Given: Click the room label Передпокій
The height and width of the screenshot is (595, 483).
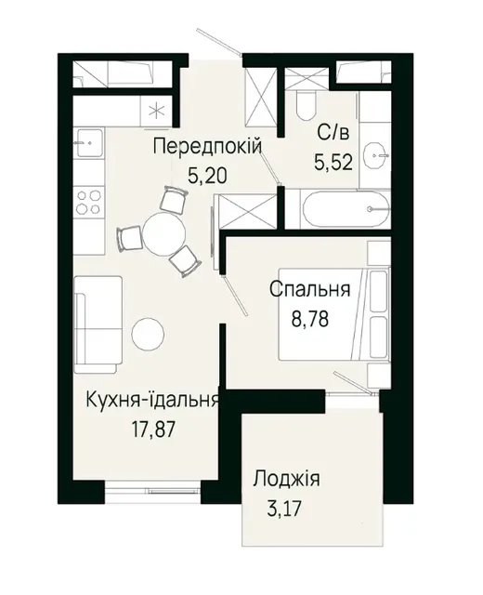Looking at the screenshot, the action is pos(207,147).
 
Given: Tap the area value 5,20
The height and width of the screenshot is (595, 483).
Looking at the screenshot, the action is pos(207,176).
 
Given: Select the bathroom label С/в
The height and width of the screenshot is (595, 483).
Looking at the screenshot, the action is pos(333,134).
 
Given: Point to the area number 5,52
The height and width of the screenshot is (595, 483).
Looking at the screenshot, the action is pos(333,163).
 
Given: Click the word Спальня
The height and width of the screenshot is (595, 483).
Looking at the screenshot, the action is pos(309,290).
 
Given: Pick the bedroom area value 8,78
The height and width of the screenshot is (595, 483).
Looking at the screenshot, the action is pos(309,319).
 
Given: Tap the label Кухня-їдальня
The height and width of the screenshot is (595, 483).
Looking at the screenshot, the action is pos(152,400).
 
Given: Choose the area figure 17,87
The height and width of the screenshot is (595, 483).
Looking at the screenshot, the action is pos(153,430).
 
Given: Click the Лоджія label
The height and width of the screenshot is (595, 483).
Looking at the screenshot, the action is pos(287,479).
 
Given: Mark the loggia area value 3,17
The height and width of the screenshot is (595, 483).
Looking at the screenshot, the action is pos(284,509).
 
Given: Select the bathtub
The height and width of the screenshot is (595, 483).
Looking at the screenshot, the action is pos(346,209).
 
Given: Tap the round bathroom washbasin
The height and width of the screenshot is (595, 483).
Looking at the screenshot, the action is pos(375,155).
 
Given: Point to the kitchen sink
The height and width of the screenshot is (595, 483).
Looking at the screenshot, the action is pos(89,143).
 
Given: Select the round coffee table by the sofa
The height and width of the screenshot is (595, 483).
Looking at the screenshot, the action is pos(148,334).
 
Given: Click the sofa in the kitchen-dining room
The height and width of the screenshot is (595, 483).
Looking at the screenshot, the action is pos(98,324).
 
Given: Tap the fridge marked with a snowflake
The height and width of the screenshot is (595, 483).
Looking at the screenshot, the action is pos(156,111).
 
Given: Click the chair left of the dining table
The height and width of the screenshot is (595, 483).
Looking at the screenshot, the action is pos(129,239).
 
